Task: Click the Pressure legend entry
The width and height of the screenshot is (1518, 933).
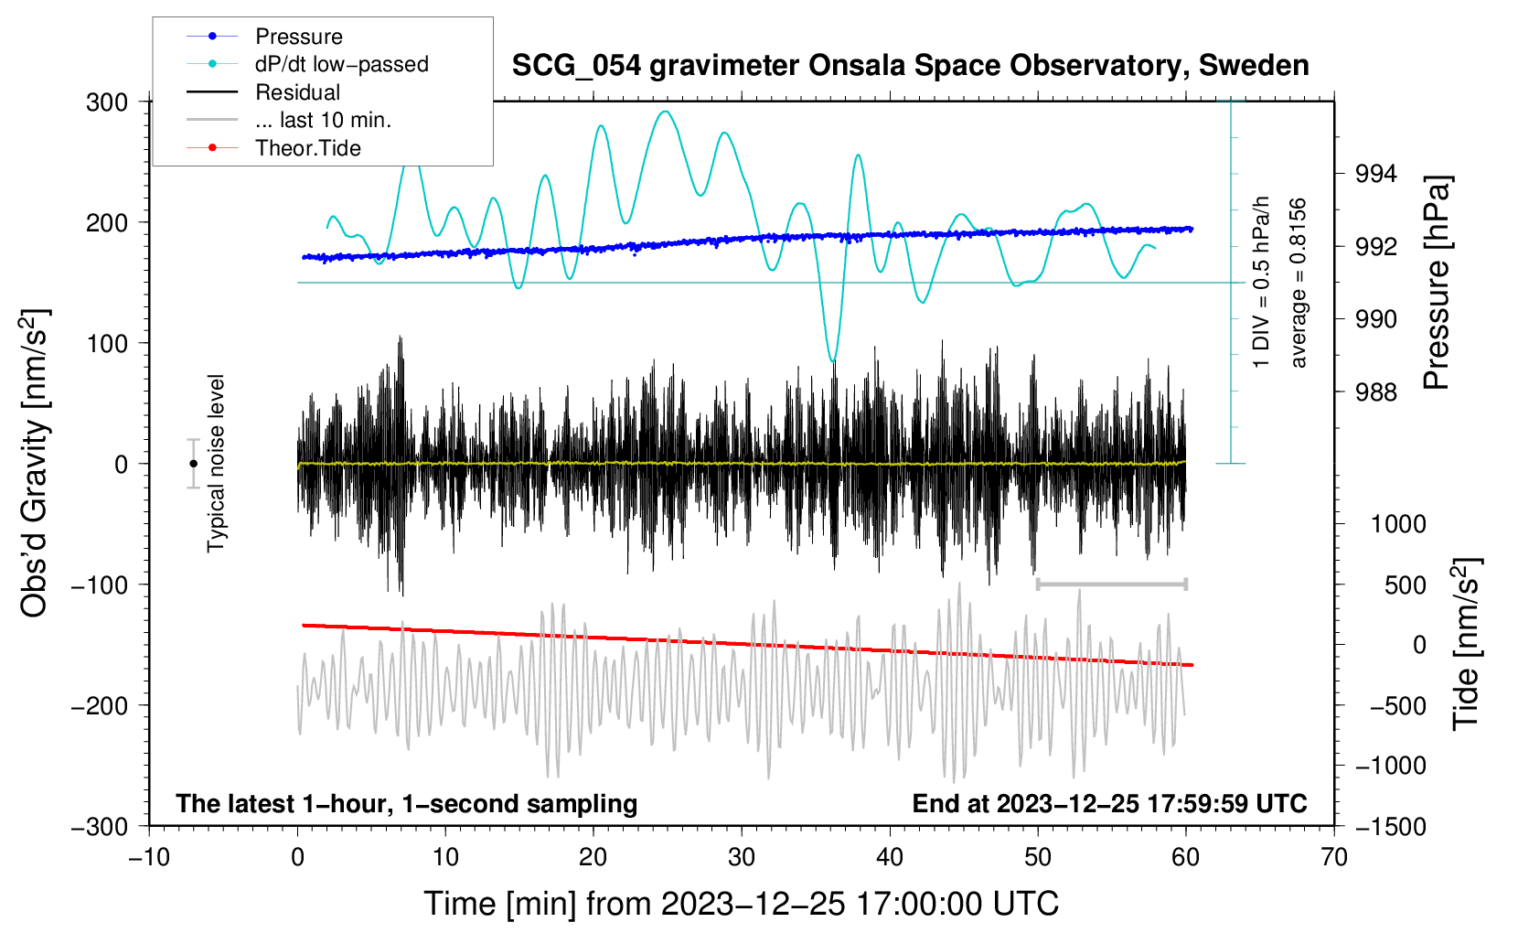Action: (x=298, y=37)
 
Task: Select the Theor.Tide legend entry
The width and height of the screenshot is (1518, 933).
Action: (x=307, y=148)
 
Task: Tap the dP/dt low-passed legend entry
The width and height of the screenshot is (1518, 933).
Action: (x=341, y=64)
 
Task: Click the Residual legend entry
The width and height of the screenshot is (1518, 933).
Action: (x=297, y=92)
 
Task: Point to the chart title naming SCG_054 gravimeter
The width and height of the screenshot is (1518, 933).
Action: (x=910, y=66)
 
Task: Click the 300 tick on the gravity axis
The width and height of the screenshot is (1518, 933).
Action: (x=107, y=102)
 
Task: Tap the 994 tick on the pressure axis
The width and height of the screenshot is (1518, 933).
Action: (x=1376, y=174)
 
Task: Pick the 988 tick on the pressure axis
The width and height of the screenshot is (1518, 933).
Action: (x=1376, y=392)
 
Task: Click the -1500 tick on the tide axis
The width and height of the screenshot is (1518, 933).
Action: (x=1390, y=826)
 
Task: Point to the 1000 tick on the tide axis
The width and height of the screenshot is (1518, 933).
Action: (x=1397, y=524)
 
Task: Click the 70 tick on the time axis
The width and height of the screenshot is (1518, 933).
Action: (x=1334, y=857)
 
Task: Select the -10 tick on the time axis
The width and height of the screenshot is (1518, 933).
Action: (x=149, y=857)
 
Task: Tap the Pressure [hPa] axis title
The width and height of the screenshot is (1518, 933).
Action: (x=1438, y=284)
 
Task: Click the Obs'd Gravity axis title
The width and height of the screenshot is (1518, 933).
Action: (x=35, y=464)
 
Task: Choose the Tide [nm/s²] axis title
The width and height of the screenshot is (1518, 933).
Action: (x=1466, y=643)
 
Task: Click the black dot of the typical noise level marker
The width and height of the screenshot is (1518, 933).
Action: (x=193, y=464)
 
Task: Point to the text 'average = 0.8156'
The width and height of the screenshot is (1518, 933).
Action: (x=1298, y=283)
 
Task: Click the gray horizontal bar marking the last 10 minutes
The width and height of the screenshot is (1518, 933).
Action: (x=1111, y=584)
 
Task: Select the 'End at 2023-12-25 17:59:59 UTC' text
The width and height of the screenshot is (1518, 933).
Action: (x=1109, y=803)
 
